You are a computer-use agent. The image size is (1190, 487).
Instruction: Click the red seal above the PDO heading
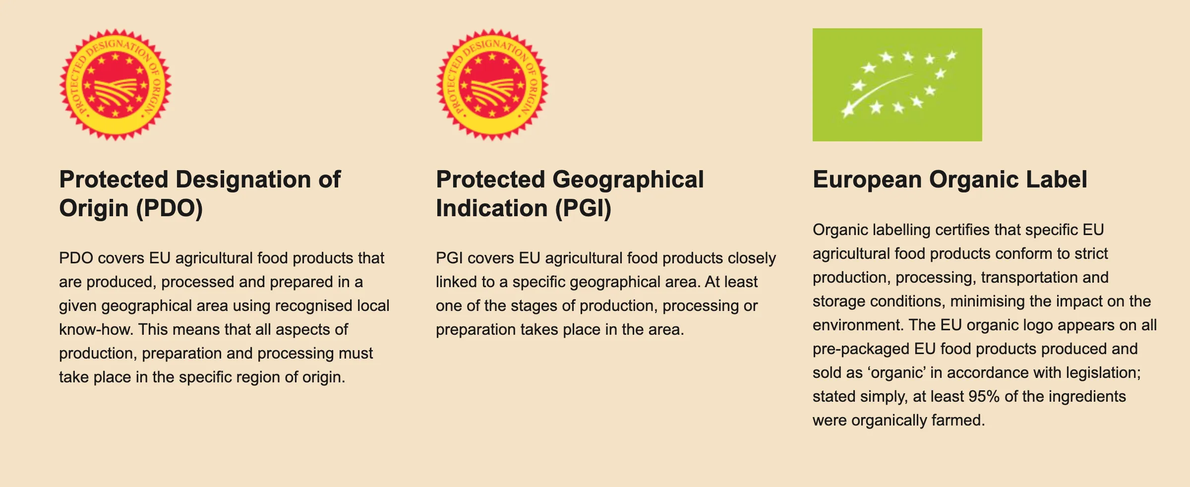115,85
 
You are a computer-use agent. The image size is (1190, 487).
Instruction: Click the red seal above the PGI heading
492,85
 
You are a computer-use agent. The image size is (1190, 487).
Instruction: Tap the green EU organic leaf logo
897,85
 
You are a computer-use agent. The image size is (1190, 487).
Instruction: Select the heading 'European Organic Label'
950,180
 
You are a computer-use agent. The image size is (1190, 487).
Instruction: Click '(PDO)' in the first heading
169,208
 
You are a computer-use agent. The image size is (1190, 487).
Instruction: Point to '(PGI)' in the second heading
583,208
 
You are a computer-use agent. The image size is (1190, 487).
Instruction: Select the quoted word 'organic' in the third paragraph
897,373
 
